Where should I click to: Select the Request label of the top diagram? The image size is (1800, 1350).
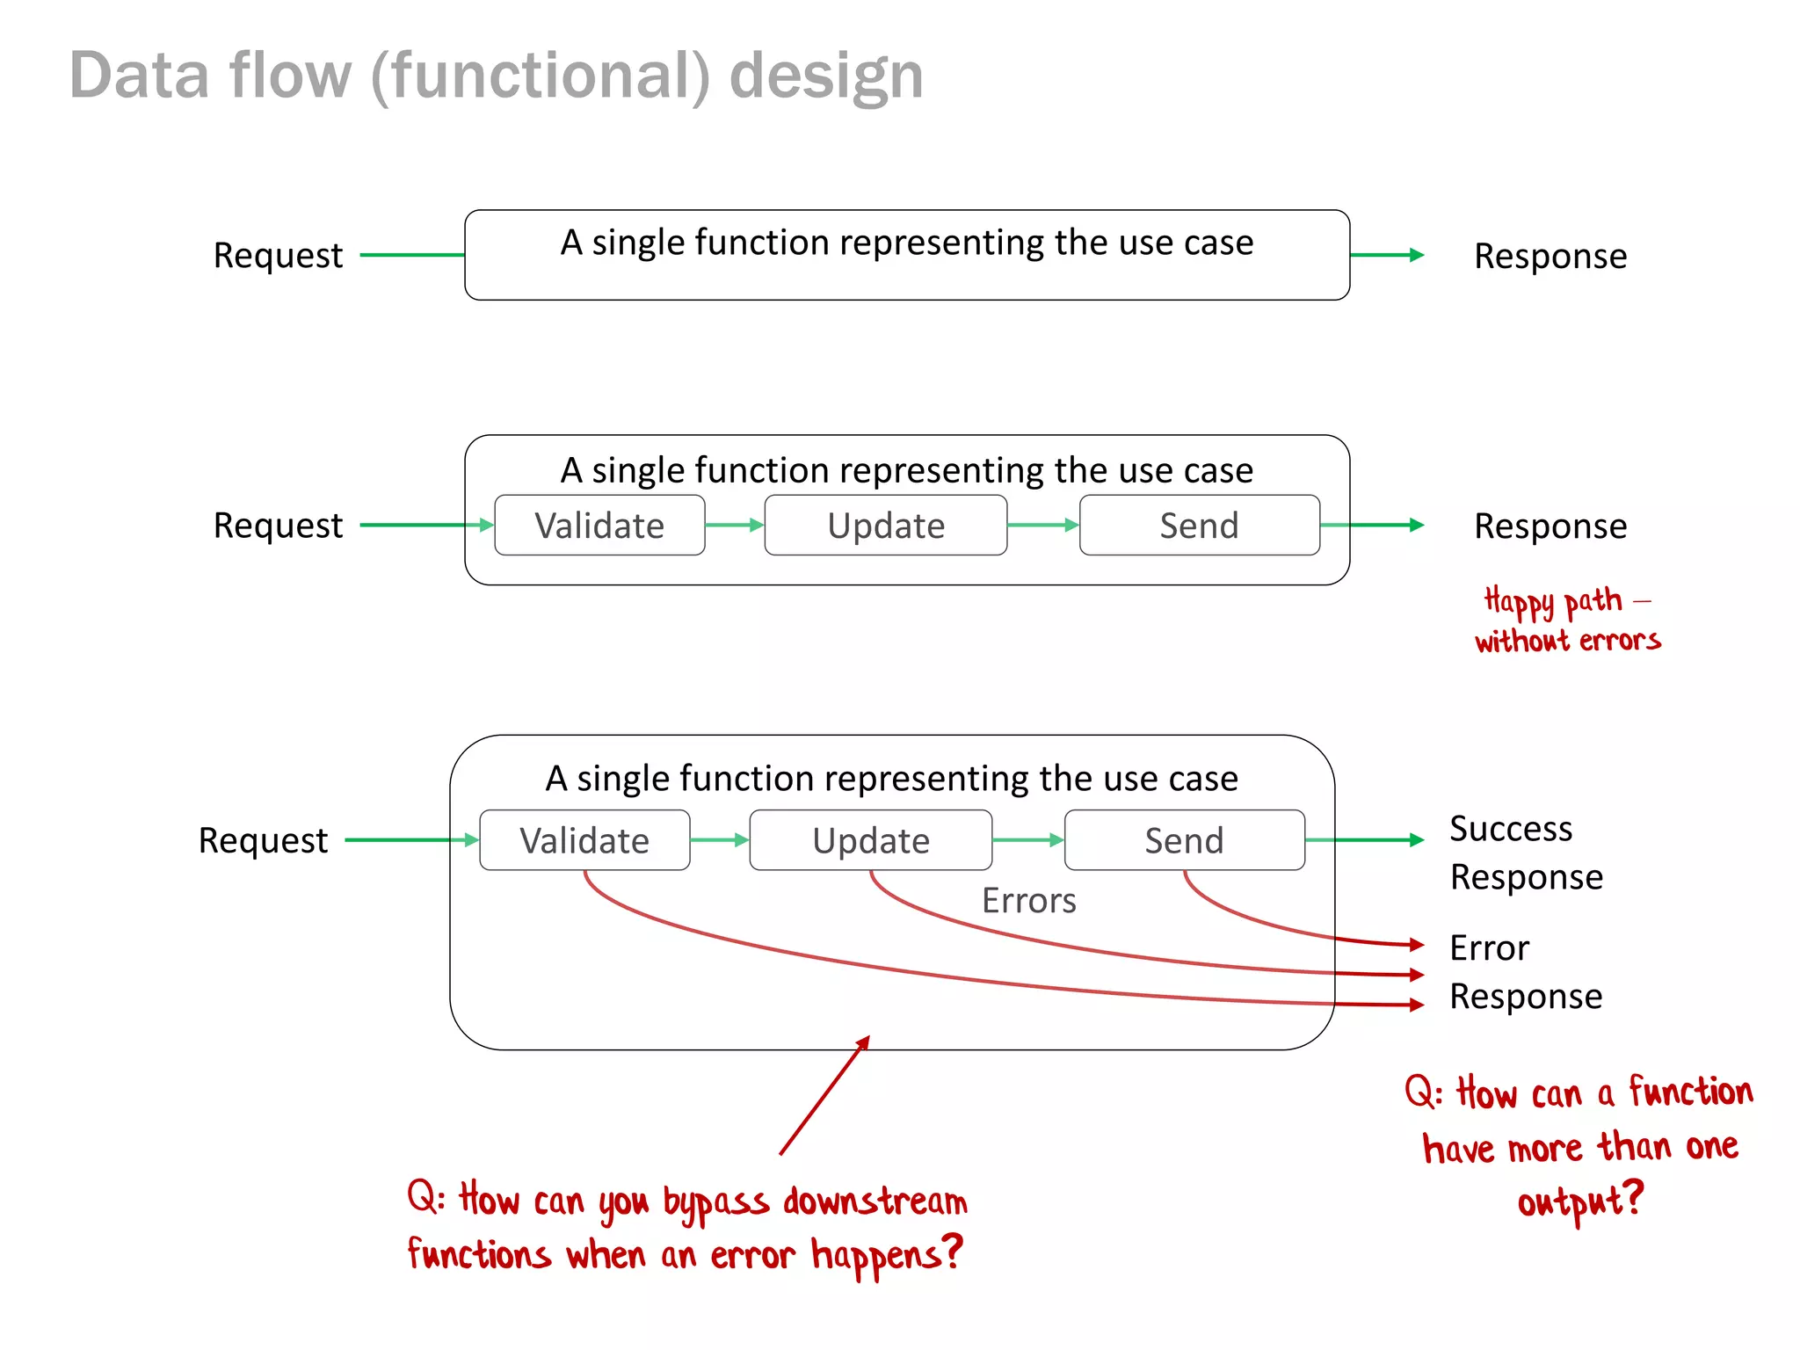[278, 256]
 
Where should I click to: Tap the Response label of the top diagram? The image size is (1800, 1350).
[1550, 257]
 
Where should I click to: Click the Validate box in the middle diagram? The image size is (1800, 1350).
[599, 526]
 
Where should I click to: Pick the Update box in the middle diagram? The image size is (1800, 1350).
[885, 526]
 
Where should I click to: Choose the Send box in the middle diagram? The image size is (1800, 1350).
[1199, 526]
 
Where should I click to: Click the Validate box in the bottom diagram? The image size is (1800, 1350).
[584, 840]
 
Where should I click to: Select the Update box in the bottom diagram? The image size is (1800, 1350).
[870, 840]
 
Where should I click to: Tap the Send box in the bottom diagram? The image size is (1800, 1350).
[1184, 840]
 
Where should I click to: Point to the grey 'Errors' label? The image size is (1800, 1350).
[1028, 901]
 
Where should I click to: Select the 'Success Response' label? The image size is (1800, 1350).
[1526, 853]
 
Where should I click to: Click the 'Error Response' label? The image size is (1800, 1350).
[1526, 972]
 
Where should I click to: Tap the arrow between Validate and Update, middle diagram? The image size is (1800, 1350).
[735, 526]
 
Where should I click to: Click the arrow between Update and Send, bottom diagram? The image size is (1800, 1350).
[1027, 840]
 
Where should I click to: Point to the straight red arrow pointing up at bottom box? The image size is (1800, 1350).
[824, 1096]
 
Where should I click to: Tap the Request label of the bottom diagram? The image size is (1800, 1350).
[263, 841]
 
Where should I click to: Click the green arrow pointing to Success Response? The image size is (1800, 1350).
[1365, 840]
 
